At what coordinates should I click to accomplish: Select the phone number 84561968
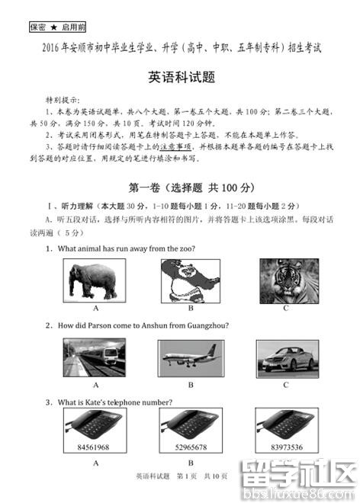point(94,446)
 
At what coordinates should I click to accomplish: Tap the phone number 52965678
point(191,446)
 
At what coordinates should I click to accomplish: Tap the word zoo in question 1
point(188,249)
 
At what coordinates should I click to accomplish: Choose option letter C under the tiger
point(286,308)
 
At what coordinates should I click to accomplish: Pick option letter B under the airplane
point(191,385)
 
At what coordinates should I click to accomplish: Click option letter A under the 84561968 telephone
point(96,462)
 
